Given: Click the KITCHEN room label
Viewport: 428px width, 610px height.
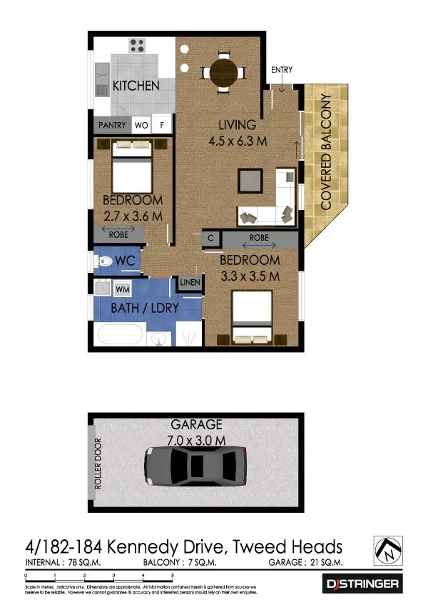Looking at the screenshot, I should pyautogui.click(x=136, y=86).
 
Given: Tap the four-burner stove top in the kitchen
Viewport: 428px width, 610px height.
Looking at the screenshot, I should pyautogui.click(x=138, y=46).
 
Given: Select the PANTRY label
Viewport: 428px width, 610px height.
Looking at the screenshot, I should pyautogui.click(x=112, y=126).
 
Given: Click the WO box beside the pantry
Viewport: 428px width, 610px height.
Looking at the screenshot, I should pyautogui.click(x=141, y=126).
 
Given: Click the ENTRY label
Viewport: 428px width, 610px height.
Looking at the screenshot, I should pyautogui.click(x=282, y=69).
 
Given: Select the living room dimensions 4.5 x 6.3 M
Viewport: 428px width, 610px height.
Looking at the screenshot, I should pyautogui.click(x=238, y=141).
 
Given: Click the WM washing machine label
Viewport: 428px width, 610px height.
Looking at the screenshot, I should pyautogui.click(x=121, y=289).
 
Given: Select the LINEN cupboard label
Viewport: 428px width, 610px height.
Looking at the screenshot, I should pyautogui.click(x=189, y=284).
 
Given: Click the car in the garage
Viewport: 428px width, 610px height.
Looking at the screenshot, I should pyautogui.click(x=195, y=467).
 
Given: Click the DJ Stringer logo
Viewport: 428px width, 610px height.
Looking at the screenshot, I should pyautogui.click(x=363, y=584).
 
